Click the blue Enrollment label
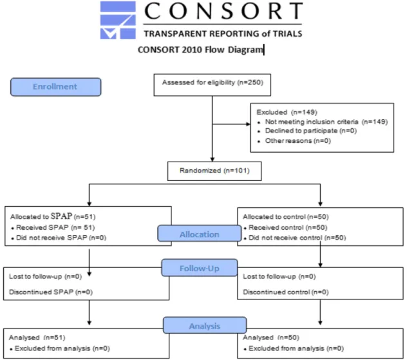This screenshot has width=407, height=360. (56, 87)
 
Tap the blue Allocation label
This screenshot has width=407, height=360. (200, 234)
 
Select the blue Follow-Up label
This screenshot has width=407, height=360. (200, 268)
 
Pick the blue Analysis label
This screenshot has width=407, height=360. (205, 325)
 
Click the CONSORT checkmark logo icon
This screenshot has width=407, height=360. (118, 20)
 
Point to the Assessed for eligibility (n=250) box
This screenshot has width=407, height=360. (213, 85)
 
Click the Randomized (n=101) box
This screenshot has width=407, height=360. (214, 171)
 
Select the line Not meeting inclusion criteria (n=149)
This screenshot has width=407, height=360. (327, 122)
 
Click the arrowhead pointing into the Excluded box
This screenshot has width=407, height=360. (248, 124)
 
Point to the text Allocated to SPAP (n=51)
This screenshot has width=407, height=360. (53, 216)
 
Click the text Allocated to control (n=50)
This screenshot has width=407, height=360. (286, 217)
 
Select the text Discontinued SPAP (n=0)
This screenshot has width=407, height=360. (51, 292)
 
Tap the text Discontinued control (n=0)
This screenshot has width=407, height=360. (286, 292)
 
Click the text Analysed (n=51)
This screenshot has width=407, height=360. (37, 337)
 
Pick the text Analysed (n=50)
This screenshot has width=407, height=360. (271, 337)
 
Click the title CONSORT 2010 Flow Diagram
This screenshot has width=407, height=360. (200, 50)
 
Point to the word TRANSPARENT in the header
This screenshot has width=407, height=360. (175, 33)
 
